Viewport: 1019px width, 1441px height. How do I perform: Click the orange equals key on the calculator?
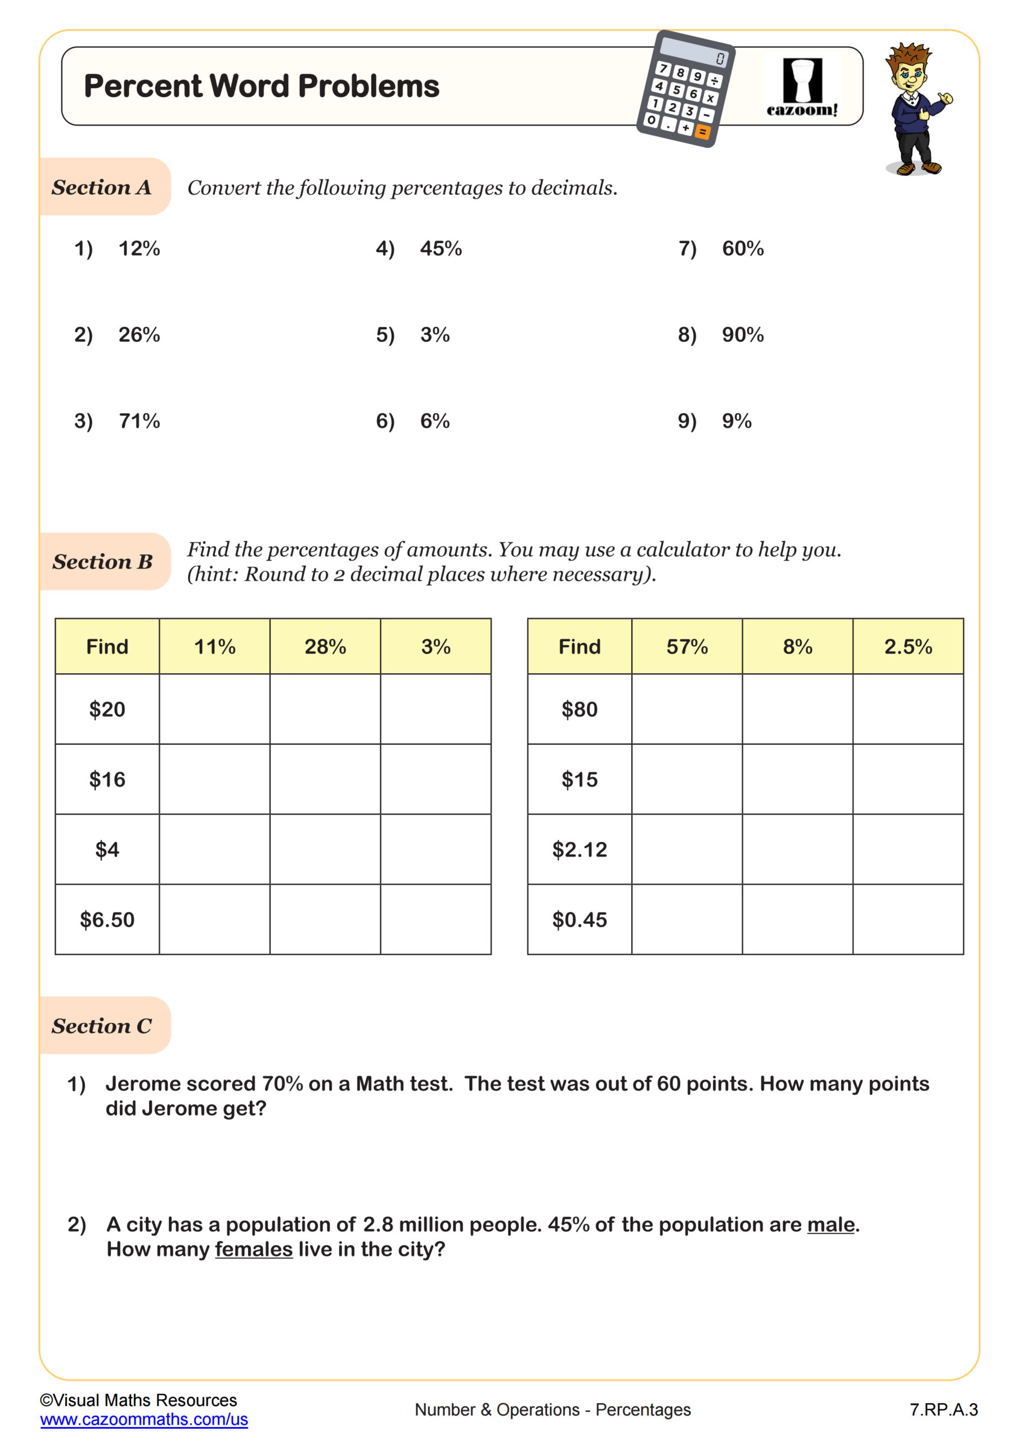click(703, 132)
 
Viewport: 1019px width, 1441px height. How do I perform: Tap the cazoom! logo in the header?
click(802, 88)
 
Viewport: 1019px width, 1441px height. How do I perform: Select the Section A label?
click(102, 187)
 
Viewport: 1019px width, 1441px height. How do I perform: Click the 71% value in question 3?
click(140, 420)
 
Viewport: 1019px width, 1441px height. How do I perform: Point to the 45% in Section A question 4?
click(441, 249)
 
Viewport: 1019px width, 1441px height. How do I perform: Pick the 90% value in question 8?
click(742, 334)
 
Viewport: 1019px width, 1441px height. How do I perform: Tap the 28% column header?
click(325, 646)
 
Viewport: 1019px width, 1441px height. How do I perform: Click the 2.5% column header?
click(908, 646)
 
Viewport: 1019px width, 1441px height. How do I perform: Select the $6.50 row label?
click(107, 919)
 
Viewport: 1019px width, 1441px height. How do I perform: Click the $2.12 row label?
click(579, 849)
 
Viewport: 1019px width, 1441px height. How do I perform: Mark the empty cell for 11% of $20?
click(214, 709)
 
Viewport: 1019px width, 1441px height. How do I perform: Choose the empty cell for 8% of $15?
click(797, 780)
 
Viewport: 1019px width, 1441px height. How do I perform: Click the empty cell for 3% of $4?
click(436, 849)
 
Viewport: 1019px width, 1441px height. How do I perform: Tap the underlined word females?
click(254, 1249)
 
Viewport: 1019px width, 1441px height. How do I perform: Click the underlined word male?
click(831, 1224)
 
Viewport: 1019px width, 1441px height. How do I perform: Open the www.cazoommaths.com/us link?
click(143, 1420)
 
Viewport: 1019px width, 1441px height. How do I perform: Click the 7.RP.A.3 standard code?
click(943, 1409)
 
